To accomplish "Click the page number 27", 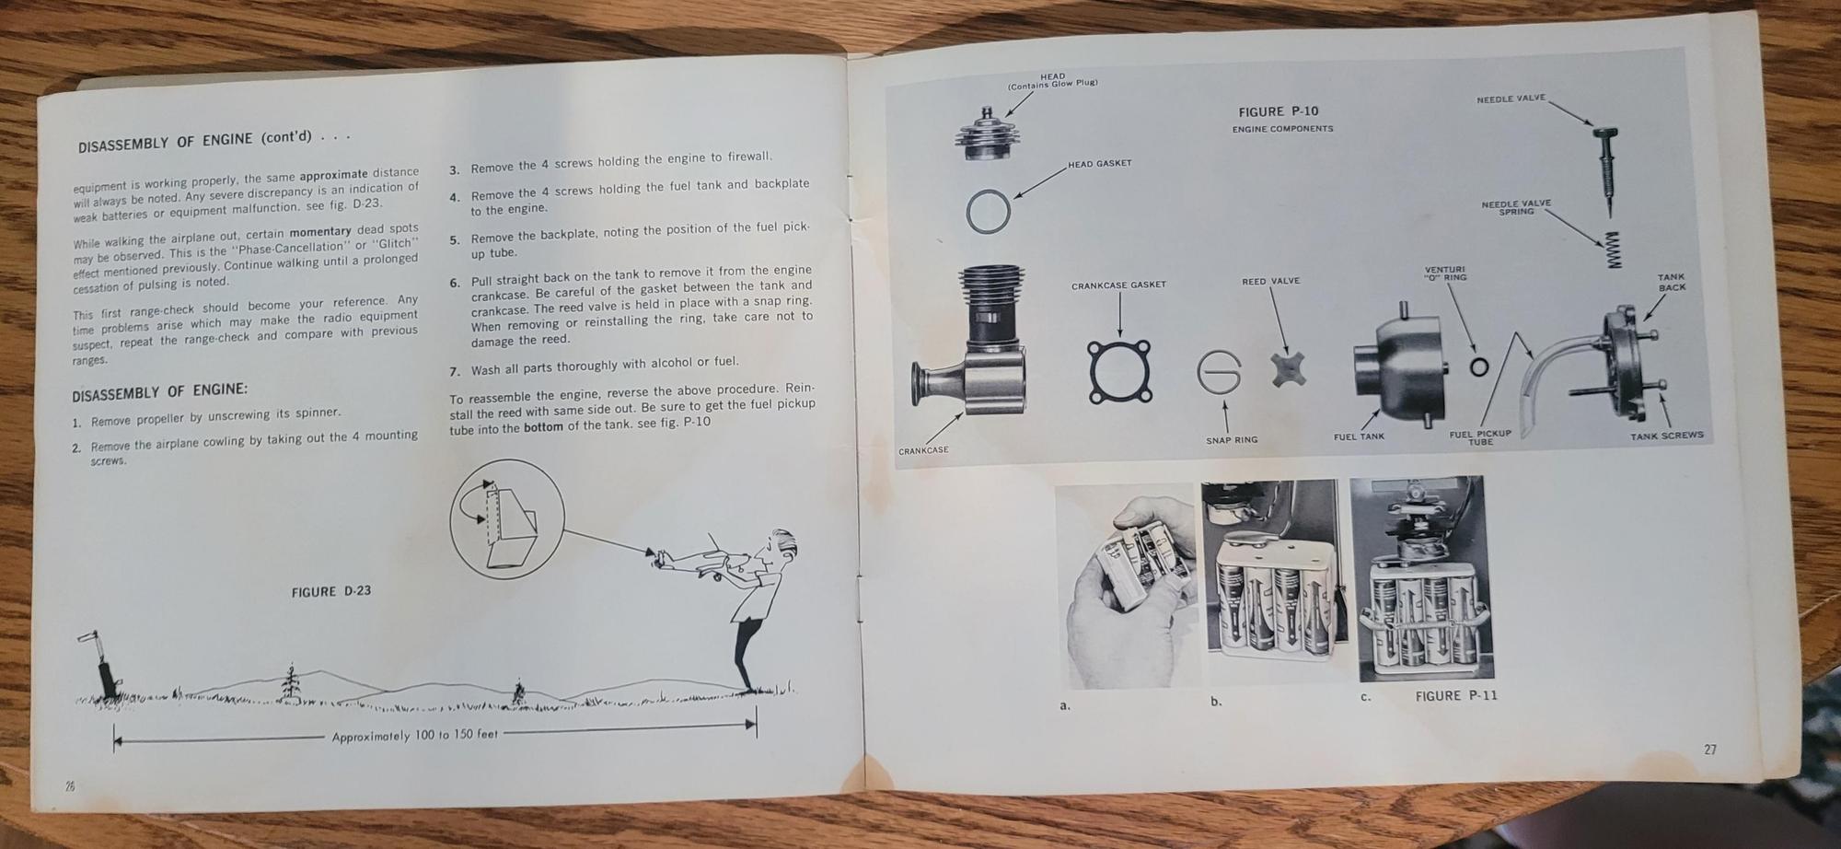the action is pyautogui.click(x=1709, y=750).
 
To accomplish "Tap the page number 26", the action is pyautogui.click(x=70, y=785).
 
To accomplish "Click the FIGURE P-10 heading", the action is pyautogui.click(x=1278, y=111).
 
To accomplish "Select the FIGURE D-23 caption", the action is pyautogui.click(x=331, y=591).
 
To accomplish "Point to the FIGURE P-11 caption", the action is pyautogui.click(x=1456, y=695).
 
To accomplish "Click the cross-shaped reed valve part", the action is pyautogui.click(x=1286, y=370).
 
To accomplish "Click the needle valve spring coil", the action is pyautogui.click(x=1612, y=250).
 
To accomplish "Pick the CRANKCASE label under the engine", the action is pyautogui.click(x=923, y=450).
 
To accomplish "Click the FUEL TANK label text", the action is pyautogui.click(x=1359, y=436).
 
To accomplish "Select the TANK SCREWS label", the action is pyautogui.click(x=1667, y=436).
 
